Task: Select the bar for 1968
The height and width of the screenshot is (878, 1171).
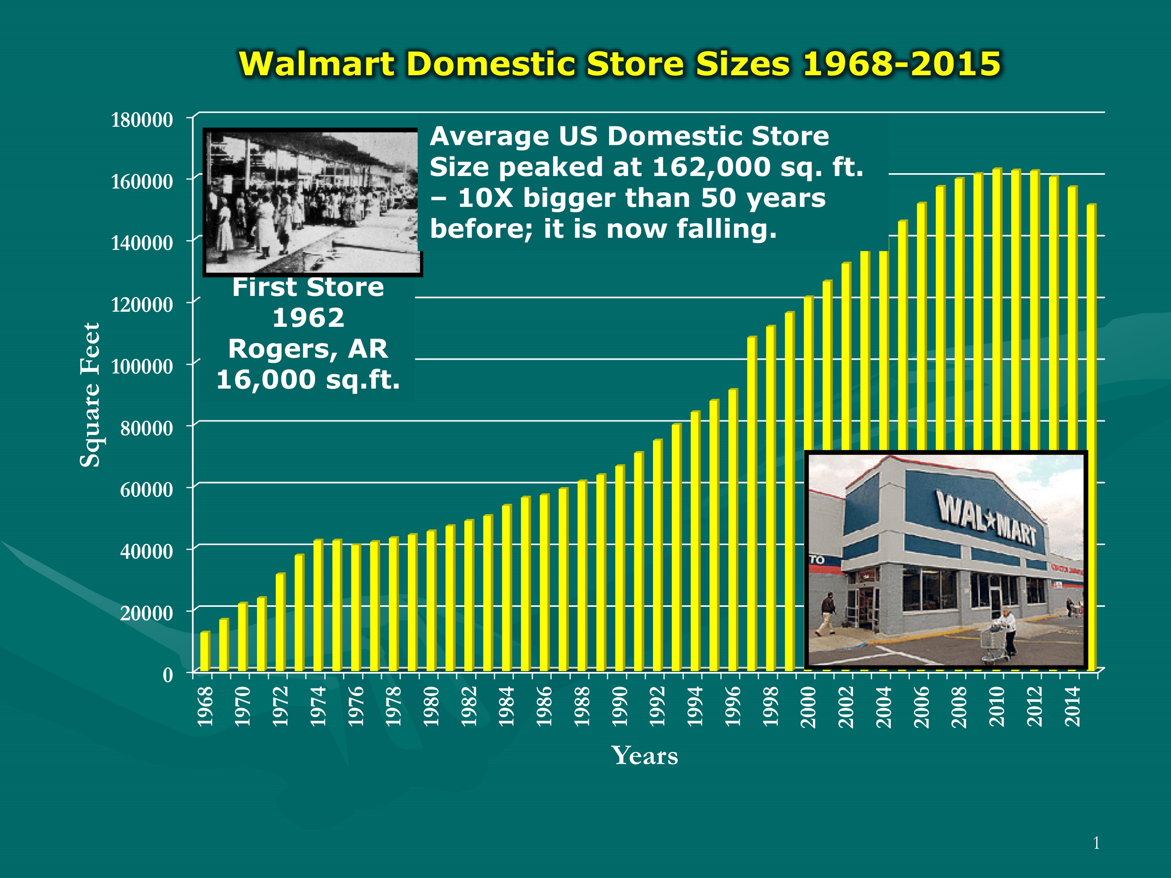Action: (205, 652)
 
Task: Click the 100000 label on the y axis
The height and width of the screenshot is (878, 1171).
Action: (142, 366)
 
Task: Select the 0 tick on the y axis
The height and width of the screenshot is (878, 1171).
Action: (168, 675)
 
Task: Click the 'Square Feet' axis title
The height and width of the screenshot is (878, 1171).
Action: (90, 395)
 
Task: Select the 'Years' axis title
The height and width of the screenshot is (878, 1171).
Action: (644, 755)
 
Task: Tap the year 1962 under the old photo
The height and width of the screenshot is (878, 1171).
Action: (308, 318)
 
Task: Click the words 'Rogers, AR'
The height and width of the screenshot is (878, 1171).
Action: (308, 349)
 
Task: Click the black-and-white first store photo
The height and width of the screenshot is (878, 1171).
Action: (312, 202)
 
